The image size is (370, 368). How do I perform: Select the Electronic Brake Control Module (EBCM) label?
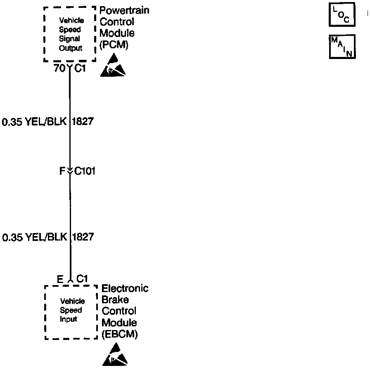(125, 311)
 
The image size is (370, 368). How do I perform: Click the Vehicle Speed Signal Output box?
(70, 34)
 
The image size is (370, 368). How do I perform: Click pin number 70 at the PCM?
(59, 68)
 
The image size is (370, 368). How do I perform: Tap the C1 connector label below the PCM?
(80, 68)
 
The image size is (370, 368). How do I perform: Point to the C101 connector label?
(84, 171)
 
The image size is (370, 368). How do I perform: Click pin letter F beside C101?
(62, 171)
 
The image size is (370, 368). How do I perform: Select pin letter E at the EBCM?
(60, 279)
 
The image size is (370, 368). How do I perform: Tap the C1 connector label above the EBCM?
(82, 279)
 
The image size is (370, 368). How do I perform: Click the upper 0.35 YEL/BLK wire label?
(34, 122)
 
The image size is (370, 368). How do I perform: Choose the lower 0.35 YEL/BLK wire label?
(34, 237)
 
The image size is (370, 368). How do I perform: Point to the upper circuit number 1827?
(83, 122)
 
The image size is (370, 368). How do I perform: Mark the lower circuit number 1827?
(83, 237)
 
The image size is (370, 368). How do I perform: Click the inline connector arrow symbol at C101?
(69, 170)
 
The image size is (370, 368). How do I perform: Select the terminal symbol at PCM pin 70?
(69, 67)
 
